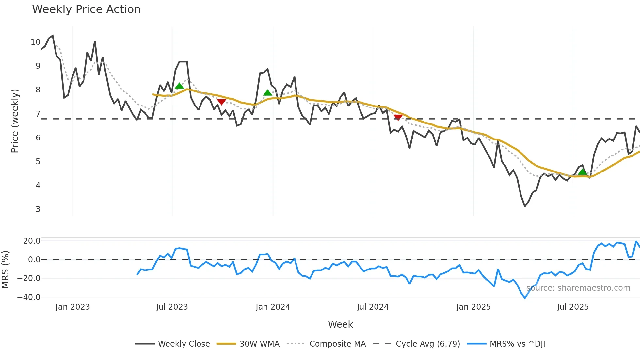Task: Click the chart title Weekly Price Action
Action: pyautogui.click(x=86, y=9)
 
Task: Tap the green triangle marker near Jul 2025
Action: pyautogui.click(x=582, y=172)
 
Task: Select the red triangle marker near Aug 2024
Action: pyautogui.click(x=398, y=117)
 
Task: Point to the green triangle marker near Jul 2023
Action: pyautogui.click(x=179, y=86)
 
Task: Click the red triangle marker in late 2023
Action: pyautogui.click(x=221, y=102)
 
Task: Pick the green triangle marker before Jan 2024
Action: pyautogui.click(x=267, y=93)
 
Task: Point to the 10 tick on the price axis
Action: pyautogui.click(x=36, y=42)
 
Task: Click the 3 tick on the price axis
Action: pyautogui.click(x=38, y=209)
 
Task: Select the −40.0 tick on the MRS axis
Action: pyautogui.click(x=29, y=297)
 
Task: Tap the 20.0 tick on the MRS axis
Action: pyautogui.click(x=32, y=241)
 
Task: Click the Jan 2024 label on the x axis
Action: pyautogui.click(x=273, y=307)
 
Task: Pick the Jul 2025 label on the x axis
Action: pyautogui.click(x=573, y=307)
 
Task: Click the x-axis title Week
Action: pyautogui.click(x=340, y=324)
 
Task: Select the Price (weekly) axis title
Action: pyautogui.click(x=15, y=121)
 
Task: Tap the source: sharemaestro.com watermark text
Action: pyautogui.click(x=578, y=288)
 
